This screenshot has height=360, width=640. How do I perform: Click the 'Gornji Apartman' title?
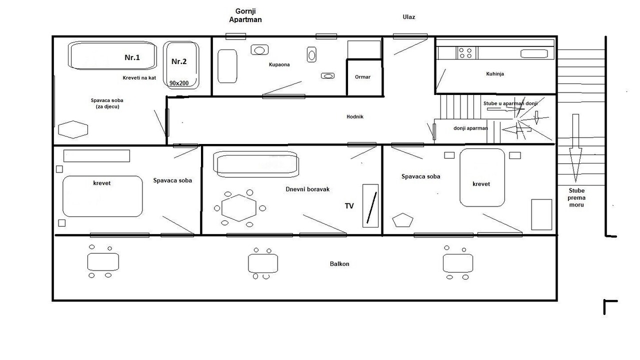245,15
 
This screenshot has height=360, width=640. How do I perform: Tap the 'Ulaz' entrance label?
409,17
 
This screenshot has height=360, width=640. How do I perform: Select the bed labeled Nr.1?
112,55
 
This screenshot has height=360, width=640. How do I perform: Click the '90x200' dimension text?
179,83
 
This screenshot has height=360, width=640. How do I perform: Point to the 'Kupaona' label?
279,64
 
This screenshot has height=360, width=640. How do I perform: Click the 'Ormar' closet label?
362,77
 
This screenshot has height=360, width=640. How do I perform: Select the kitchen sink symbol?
534,53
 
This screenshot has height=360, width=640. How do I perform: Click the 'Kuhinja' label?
495,73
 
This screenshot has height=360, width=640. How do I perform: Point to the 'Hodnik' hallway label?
355,116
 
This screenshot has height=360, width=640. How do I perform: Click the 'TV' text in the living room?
349,206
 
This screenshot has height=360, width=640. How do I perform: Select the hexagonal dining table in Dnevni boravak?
239,208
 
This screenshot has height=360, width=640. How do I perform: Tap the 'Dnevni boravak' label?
307,189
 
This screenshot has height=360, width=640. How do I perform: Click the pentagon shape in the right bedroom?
402,220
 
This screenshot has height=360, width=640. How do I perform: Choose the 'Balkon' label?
339,263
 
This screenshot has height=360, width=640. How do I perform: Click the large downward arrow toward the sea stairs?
575,148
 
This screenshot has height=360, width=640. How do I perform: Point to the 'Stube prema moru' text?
576,197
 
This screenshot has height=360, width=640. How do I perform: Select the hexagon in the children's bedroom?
73,129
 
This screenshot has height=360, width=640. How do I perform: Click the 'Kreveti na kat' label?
139,77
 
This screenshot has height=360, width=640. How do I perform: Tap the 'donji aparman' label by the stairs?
470,128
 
